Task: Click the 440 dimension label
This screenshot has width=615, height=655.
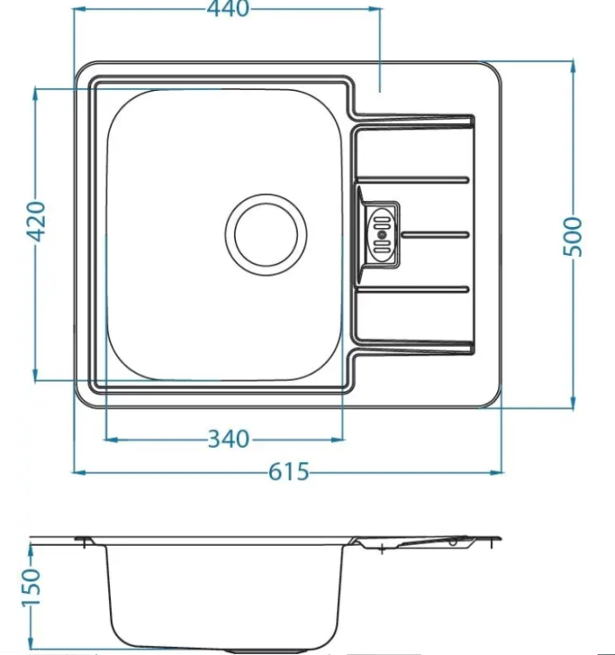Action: (228, 9)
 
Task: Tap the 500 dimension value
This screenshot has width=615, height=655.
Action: (572, 237)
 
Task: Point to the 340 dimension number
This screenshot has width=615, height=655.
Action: (229, 439)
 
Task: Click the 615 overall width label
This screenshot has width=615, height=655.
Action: (288, 472)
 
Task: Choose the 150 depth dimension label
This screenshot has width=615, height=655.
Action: (31, 586)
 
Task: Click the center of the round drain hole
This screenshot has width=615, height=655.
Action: (266, 235)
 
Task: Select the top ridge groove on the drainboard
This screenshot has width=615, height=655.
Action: (413, 180)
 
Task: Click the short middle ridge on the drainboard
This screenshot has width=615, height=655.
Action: (435, 235)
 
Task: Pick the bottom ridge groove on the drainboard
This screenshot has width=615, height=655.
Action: (413, 289)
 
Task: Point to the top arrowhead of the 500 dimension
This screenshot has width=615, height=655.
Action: (573, 68)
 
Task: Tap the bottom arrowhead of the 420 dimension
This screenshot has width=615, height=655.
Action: (36, 374)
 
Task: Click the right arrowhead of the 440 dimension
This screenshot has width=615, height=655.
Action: (374, 9)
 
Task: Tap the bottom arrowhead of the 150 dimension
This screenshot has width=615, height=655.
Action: (31, 646)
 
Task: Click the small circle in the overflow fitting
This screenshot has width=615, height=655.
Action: (381, 235)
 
